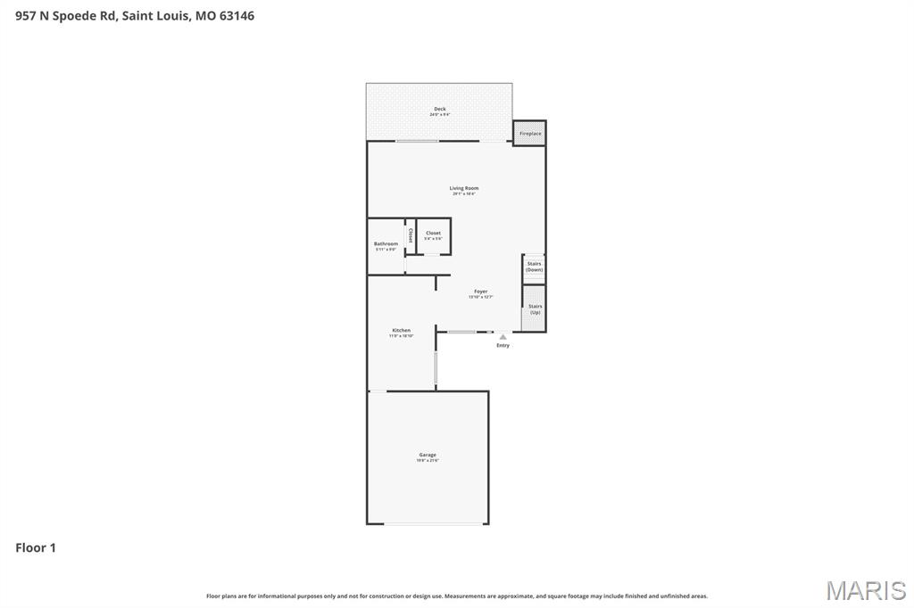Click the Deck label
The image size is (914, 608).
(439, 109)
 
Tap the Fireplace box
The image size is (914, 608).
(530, 134)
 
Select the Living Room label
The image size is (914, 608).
(463, 188)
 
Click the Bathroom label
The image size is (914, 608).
(386, 243)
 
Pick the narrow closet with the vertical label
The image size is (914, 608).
(410, 236)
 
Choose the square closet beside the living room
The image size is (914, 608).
(433, 236)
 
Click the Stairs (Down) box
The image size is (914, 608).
(534, 267)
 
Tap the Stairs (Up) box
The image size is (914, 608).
(535, 308)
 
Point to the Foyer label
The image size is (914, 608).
(480, 292)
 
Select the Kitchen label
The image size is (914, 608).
(401, 330)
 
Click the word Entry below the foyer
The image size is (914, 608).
(503, 346)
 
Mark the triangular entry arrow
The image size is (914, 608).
(503, 337)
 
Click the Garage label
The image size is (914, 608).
(428, 455)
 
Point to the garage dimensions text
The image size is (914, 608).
(428, 461)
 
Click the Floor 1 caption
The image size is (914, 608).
(36, 547)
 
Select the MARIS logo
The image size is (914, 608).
(865, 589)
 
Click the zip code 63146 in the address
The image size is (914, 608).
(236, 15)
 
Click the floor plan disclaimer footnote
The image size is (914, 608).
(456, 596)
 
